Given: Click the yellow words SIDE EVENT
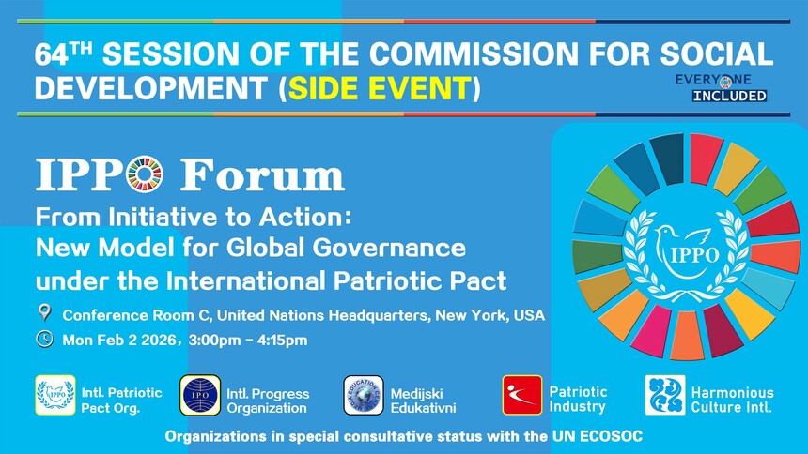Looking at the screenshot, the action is [381, 88].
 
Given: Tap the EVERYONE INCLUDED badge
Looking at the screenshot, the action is [721, 88].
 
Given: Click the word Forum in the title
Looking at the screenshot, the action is [262, 174].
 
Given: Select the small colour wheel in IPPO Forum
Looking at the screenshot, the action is [145, 174].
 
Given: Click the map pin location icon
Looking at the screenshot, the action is [45, 312].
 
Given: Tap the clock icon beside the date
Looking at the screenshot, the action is [45, 340].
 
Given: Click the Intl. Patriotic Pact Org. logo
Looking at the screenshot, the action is [55, 395].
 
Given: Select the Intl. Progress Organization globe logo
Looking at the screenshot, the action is [200, 395].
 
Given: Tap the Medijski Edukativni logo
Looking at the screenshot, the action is [364, 395].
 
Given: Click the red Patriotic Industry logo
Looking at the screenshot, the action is [522, 395].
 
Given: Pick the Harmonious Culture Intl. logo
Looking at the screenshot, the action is [665, 395].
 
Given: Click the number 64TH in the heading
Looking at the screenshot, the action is [63, 53].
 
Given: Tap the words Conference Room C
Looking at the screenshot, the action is [136, 315].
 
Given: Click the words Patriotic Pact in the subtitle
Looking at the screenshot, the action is [420, 281].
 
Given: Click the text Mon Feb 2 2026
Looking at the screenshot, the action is [119, 340].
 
